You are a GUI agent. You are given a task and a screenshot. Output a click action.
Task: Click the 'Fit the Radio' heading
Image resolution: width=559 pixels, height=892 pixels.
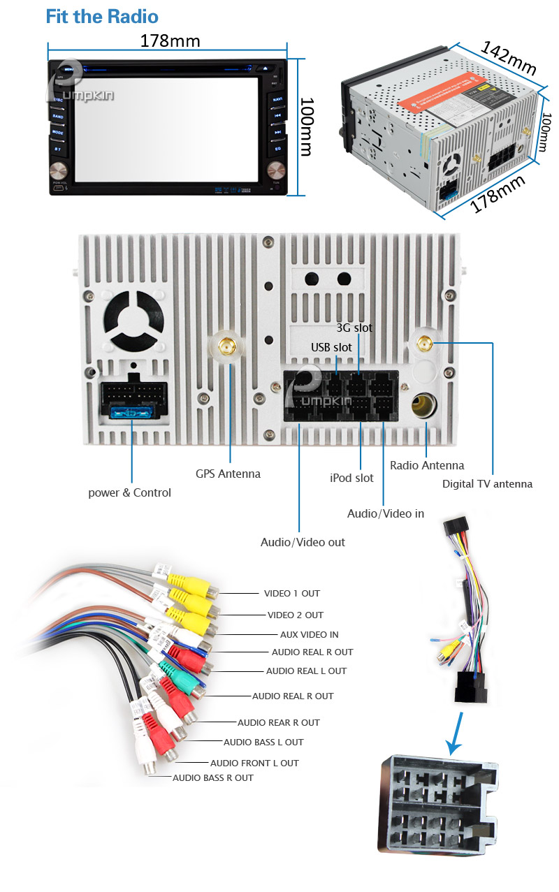(102, 17)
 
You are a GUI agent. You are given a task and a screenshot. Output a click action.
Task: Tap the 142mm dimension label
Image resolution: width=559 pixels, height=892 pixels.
(508, 58)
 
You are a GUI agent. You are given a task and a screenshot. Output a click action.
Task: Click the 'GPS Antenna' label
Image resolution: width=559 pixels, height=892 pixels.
(228, 474)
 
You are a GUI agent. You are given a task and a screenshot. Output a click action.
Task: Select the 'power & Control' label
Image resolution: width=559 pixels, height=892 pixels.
(129, 492)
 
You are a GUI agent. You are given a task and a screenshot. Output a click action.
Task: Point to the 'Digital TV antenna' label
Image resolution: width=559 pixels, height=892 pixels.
(487, 483)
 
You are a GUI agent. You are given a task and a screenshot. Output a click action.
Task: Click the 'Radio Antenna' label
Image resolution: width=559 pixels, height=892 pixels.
(426, 465)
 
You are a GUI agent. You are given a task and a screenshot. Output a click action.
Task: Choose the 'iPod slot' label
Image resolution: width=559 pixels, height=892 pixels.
(351, 478)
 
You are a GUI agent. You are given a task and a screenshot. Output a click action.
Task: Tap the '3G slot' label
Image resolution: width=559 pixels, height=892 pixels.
(354, 328)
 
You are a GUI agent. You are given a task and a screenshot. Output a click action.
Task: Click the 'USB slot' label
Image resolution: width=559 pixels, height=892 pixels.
(331, 346)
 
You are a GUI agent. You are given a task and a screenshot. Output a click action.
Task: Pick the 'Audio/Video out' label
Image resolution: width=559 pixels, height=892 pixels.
(303, 541)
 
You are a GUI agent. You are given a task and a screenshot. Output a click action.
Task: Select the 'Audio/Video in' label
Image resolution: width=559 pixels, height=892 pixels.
(386, 513)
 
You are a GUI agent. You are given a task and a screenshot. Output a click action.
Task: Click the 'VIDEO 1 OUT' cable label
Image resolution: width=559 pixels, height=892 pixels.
(291, 593)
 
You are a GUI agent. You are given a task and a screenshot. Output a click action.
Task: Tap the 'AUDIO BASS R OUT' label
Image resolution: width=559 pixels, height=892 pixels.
(213, 777)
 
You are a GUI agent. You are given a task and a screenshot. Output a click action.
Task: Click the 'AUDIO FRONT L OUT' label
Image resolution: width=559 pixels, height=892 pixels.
(254, 763)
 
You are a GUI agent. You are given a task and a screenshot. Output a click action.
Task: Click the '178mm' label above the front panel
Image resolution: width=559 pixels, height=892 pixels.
(170, 41)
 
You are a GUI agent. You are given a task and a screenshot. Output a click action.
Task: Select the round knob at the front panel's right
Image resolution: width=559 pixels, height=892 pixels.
(276, 170)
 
